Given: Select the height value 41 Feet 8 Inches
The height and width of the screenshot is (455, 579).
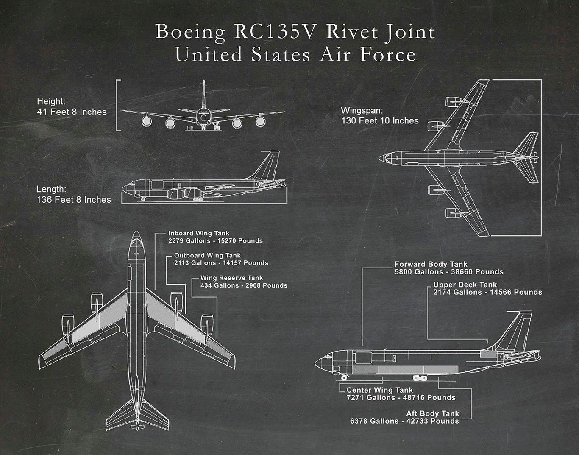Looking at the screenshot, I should point(72,112).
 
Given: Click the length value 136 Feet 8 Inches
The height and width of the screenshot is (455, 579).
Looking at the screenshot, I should point(74,200).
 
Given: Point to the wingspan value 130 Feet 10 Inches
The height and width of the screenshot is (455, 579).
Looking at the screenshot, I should point(380,121).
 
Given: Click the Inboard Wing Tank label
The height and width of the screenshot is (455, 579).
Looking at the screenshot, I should point(198,233).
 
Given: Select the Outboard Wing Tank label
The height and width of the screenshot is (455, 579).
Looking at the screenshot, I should point(207,256).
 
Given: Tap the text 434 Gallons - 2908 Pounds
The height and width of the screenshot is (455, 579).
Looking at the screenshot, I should point(244,286).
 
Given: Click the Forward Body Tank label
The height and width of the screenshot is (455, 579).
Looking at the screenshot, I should point(431,264).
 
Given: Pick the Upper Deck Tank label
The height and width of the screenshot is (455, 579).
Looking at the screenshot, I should point(465,285).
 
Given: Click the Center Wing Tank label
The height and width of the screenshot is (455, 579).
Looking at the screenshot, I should point(379,390).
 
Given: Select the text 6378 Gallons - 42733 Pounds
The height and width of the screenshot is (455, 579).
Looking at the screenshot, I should point(404,421).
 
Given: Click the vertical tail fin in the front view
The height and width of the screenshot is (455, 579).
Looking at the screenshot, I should point(204,93).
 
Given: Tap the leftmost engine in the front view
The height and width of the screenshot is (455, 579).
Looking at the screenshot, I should point(147,122).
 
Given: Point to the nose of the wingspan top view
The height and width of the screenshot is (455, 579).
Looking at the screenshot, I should point(381,158).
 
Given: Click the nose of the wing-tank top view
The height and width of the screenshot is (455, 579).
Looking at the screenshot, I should point(136,235).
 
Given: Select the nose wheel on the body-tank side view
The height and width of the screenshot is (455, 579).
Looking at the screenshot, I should point(343,377).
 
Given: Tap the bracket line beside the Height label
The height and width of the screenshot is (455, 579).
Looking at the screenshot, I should point(117,105).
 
